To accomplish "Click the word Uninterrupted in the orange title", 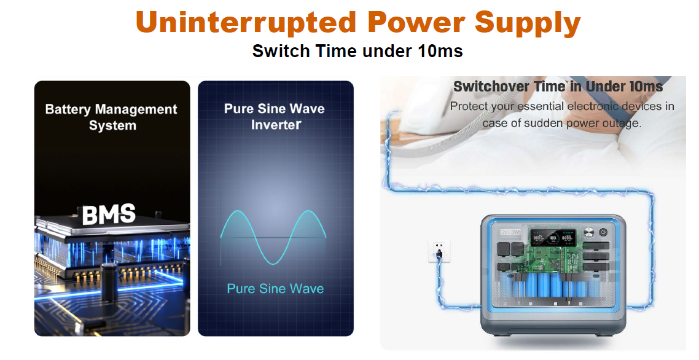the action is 245,22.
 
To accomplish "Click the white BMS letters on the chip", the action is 109,214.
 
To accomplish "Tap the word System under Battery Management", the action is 112,125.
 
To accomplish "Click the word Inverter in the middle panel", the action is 276,125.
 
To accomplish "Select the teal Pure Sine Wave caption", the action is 275,289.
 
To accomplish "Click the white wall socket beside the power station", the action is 439,251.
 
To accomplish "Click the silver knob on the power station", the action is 589,232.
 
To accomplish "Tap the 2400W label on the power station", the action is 510,232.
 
